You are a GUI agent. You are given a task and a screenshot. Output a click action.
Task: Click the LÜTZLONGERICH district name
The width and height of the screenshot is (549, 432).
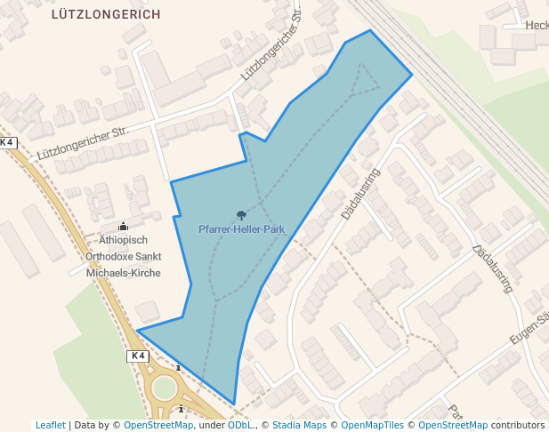(x=106, y=14)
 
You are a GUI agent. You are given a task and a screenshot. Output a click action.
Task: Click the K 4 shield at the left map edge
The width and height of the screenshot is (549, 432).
(x=8, y=142)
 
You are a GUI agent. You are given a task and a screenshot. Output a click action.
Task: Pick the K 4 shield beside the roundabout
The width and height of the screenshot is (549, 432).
(x=136, y=356)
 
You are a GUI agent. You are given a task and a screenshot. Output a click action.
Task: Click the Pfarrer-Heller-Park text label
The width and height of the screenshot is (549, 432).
(x=241, y=229)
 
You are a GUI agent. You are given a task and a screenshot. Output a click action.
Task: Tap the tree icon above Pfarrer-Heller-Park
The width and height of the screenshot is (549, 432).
(x=241, y=215)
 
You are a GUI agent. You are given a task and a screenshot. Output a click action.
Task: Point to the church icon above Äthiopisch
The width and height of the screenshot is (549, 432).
(x=123, y=226)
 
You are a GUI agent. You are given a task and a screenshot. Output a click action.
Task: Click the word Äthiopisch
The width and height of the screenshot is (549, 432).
(x=123, y=240)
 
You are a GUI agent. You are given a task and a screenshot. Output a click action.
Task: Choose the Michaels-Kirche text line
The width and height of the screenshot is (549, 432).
(x=123, y=272)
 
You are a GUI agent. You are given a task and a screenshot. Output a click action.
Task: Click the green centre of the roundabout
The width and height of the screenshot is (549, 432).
(x=165, y=388)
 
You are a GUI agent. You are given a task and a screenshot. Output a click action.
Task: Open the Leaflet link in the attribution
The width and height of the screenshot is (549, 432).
(x=51, y=425)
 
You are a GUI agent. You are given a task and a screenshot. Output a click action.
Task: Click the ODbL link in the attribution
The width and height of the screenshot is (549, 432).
(x=240, y=425)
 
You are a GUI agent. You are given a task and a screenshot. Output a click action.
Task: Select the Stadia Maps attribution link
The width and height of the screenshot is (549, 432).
(x=300, y=425)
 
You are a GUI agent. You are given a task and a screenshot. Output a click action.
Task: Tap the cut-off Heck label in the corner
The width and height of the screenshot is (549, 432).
(x=537, y=26)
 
